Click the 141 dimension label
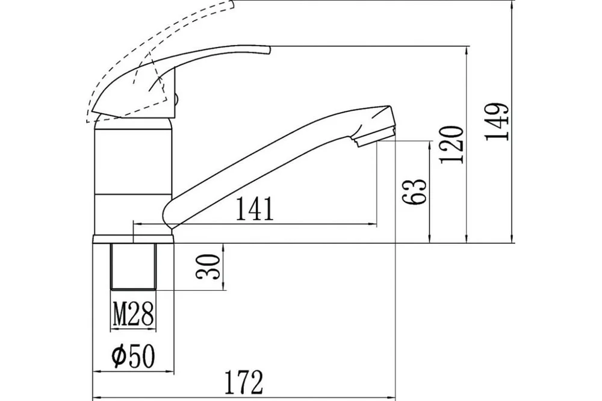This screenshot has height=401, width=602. coord(255,208)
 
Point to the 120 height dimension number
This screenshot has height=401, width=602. coord(452,144)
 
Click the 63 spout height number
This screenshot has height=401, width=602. coord(414,191)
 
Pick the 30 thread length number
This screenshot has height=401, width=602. coord(208,267)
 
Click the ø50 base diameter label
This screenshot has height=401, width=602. coord(133,356)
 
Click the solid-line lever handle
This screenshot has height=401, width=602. coord(173,77)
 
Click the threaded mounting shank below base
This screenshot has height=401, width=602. coord(134,266)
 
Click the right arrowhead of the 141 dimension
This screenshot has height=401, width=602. coord(373,223)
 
